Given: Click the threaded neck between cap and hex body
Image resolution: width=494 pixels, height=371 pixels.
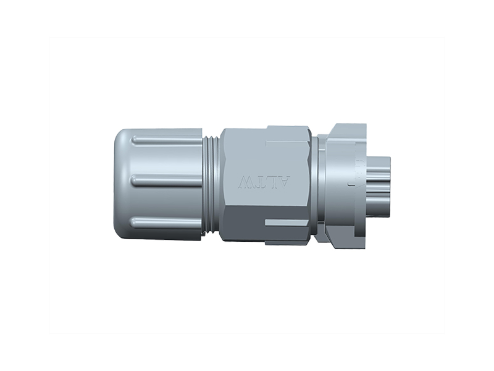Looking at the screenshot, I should pyautogui.click(x=211, y=184).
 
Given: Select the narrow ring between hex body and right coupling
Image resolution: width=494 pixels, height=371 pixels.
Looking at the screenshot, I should pyautogui.click(x=315, y=184).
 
